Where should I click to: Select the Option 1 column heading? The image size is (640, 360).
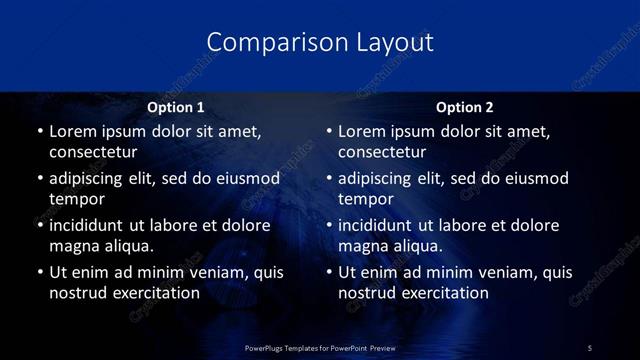point(175,107)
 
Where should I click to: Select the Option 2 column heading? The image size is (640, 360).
point(465,107)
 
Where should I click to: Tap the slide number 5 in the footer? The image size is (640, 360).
point(589,347)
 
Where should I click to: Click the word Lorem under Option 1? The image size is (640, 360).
point(74,131)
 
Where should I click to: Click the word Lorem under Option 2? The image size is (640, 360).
point(364,131)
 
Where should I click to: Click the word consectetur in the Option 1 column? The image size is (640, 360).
point(93,152)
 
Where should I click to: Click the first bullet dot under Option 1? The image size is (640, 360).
point(39,132)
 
